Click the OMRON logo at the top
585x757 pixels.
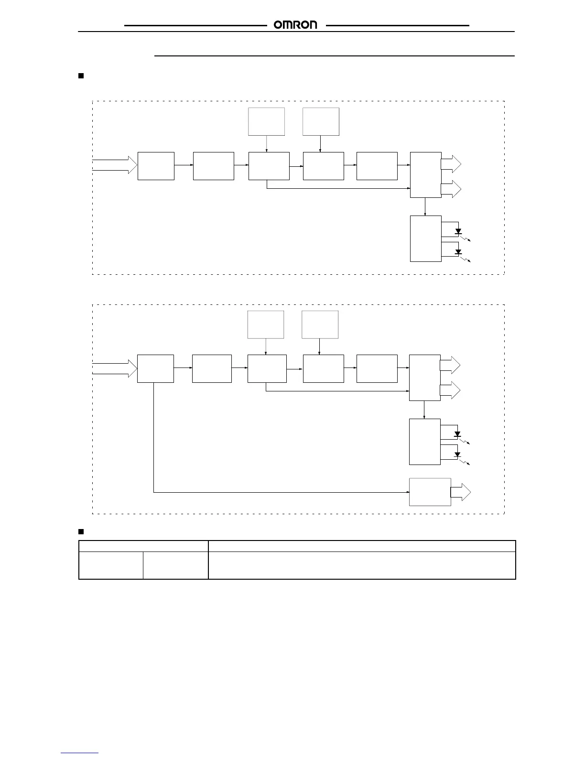(295, 25)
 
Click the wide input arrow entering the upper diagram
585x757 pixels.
(115, 165)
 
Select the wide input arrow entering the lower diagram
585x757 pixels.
(115, 368)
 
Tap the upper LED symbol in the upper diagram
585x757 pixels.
(458, 231)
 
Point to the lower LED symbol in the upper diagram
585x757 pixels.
(458, 252)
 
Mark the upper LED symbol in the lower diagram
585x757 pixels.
(457, 434)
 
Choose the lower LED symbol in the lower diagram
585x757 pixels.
(457, 454)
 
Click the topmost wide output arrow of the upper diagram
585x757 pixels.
(451, 164)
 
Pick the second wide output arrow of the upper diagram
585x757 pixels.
(451, 189)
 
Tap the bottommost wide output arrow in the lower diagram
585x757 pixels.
(461, 492)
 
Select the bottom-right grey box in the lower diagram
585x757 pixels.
(430, 492)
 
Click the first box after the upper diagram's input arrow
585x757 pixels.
(156, 166)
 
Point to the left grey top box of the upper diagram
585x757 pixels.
(267, 121)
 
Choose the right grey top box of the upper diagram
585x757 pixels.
(321, 121)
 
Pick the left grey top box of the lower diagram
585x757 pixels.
(266, 324)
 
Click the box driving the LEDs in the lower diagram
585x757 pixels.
(424, 442)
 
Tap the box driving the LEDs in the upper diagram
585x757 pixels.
(425, 238)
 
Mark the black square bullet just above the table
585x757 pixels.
(81, 531)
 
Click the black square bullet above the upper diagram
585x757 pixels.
(81, 76)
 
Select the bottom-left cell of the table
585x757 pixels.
(110, 565)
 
